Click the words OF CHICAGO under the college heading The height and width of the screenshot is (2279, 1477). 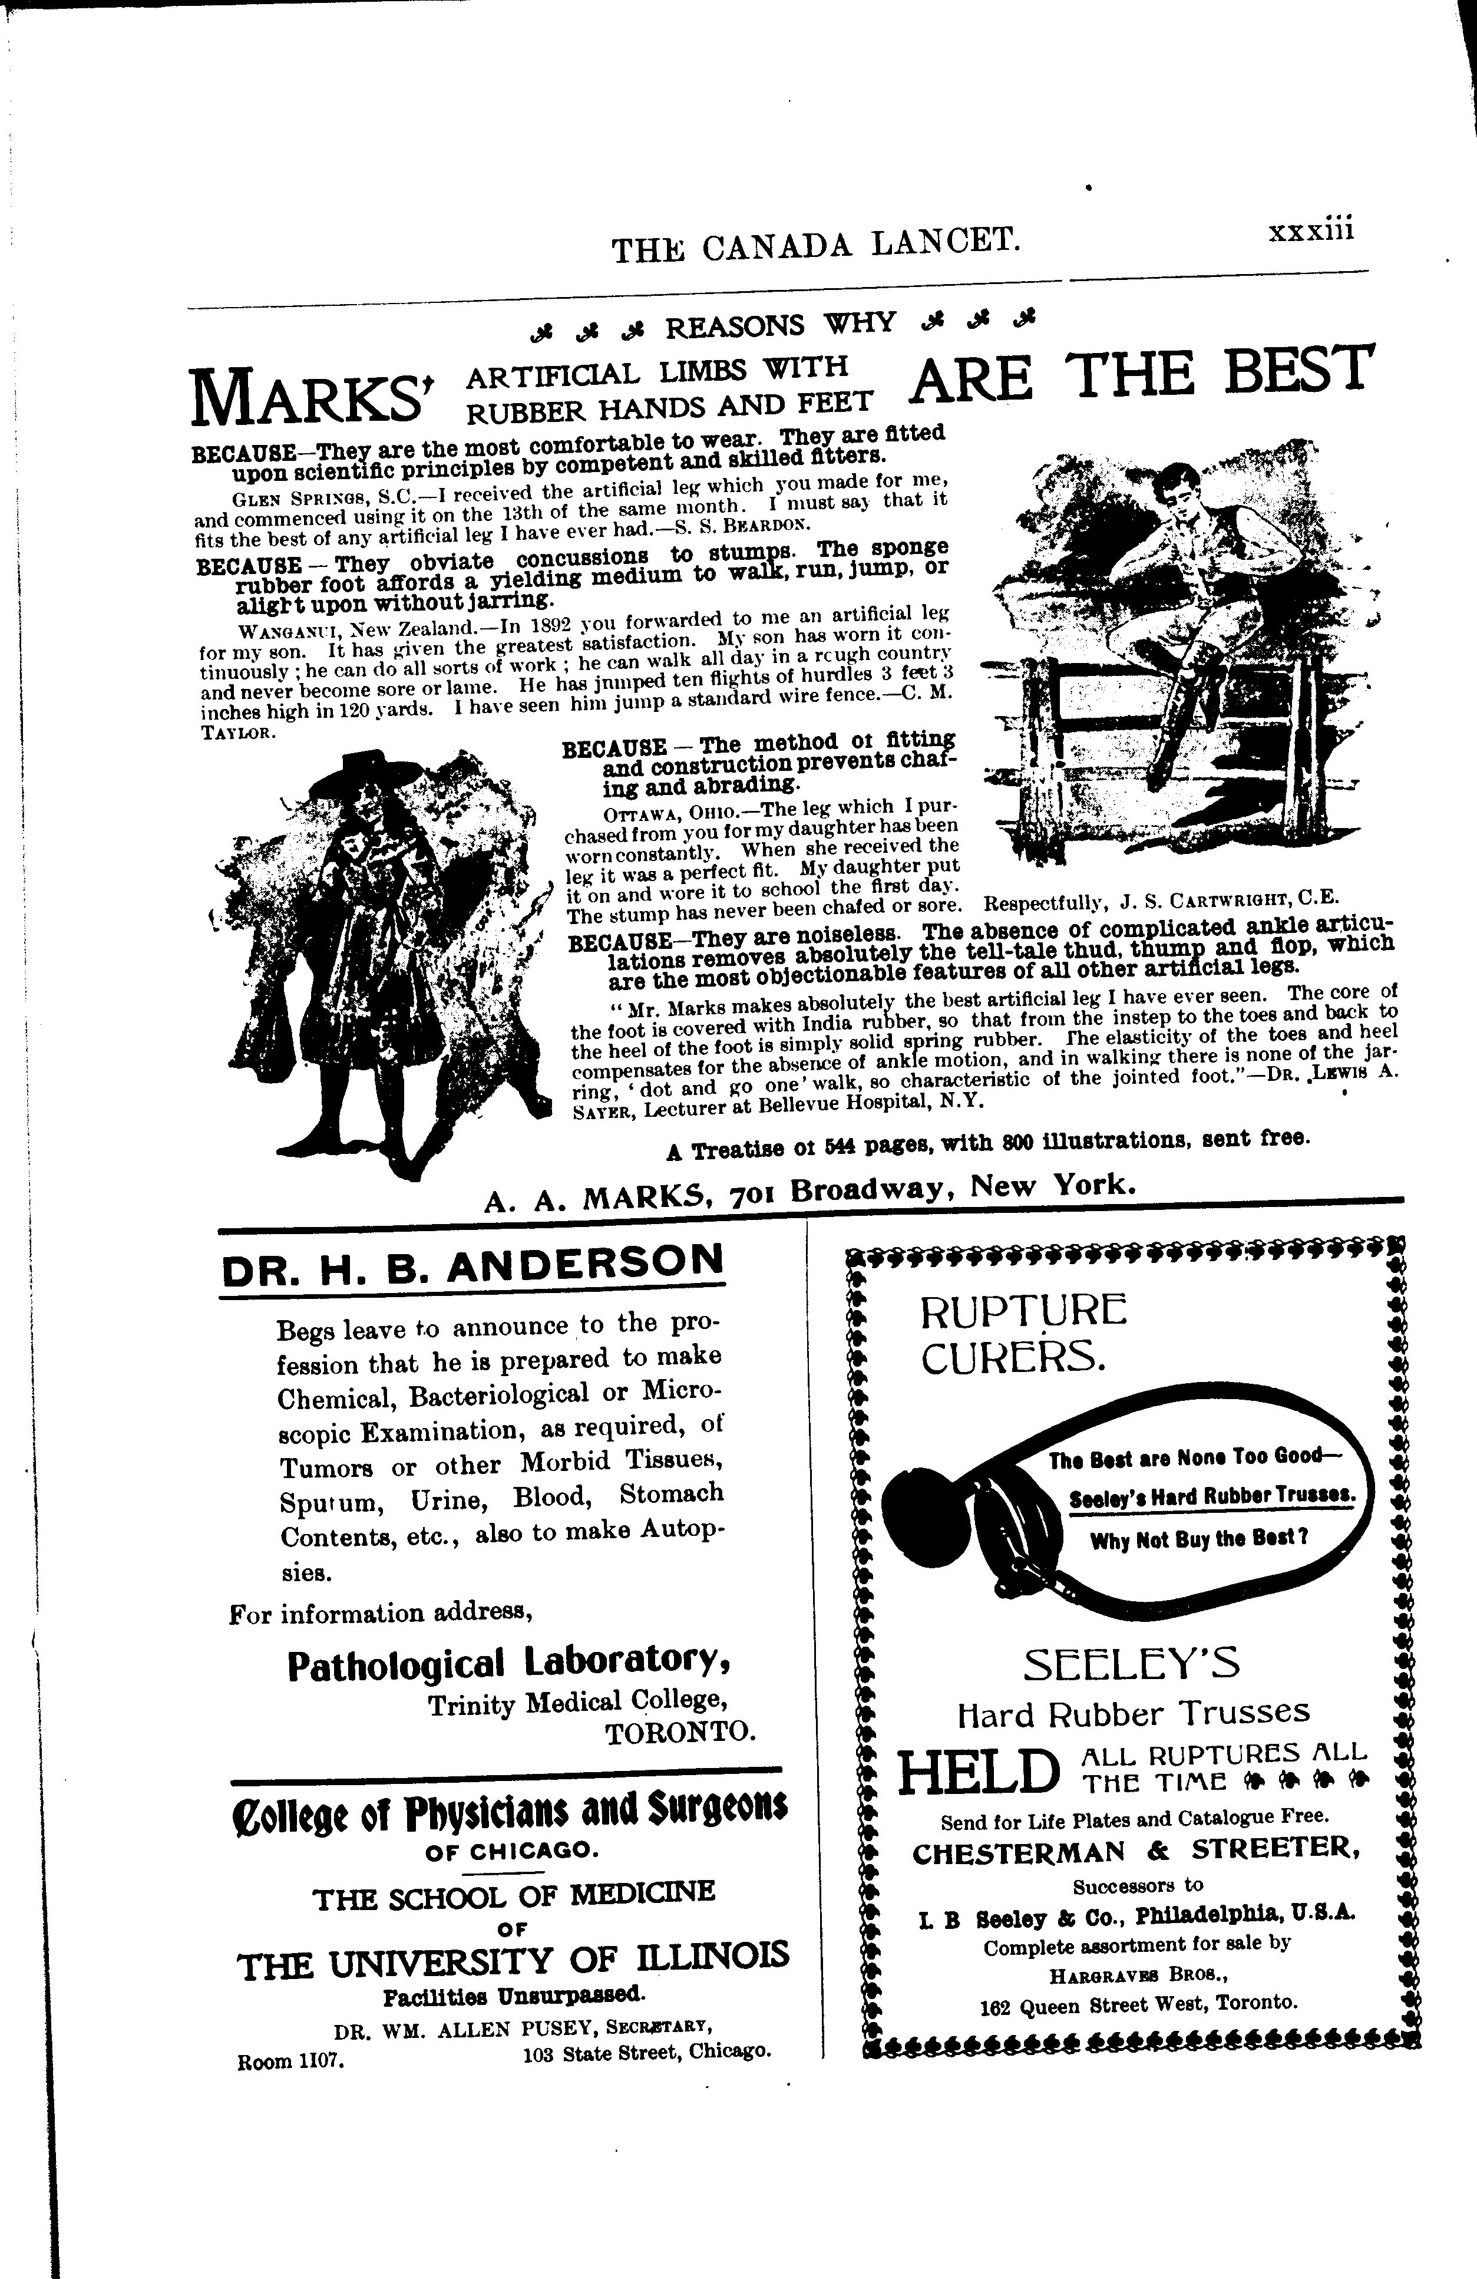tap(512, 1851)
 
